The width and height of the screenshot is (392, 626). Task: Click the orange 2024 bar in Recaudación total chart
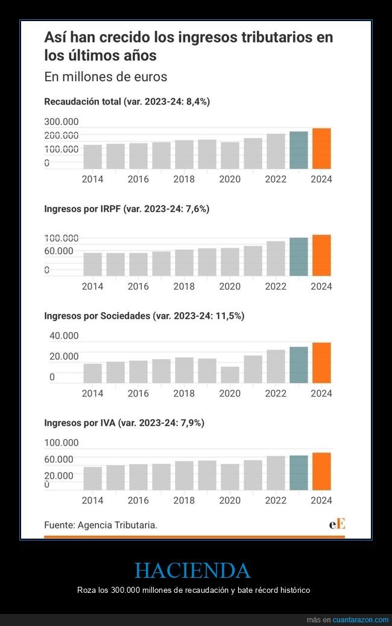(321, 149)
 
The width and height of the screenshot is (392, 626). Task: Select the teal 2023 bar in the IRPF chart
(299, 257)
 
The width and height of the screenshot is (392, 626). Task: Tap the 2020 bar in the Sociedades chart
(230, 375)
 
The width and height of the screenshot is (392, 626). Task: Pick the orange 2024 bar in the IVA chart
(321, 471)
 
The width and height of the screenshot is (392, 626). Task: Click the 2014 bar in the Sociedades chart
(92, 374)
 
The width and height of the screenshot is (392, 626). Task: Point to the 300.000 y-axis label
(62, 122)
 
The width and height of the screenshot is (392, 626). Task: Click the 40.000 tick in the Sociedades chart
(64, 336)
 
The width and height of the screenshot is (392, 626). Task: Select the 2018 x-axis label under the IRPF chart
(184, 286)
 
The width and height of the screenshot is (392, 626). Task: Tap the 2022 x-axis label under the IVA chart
(276, 500)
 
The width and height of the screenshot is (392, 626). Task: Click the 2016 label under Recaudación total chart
(138, 179)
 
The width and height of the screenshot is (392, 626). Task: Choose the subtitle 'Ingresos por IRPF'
(127, 209)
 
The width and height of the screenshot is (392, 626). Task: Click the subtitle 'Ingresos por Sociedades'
(144, 316)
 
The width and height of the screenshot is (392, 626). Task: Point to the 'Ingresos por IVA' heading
(124, 423)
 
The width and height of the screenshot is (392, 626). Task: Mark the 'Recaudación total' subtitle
(127, 102)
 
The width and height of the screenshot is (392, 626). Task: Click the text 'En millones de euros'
(106, 77)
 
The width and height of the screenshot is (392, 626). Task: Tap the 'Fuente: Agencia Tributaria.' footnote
(101, 525)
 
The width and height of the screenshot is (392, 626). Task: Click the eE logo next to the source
(337, 524)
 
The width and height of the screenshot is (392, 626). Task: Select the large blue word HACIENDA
(192, 570)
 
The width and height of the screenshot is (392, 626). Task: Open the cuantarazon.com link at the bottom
(361, 620)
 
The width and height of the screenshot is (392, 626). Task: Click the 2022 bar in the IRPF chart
(276, 258)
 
